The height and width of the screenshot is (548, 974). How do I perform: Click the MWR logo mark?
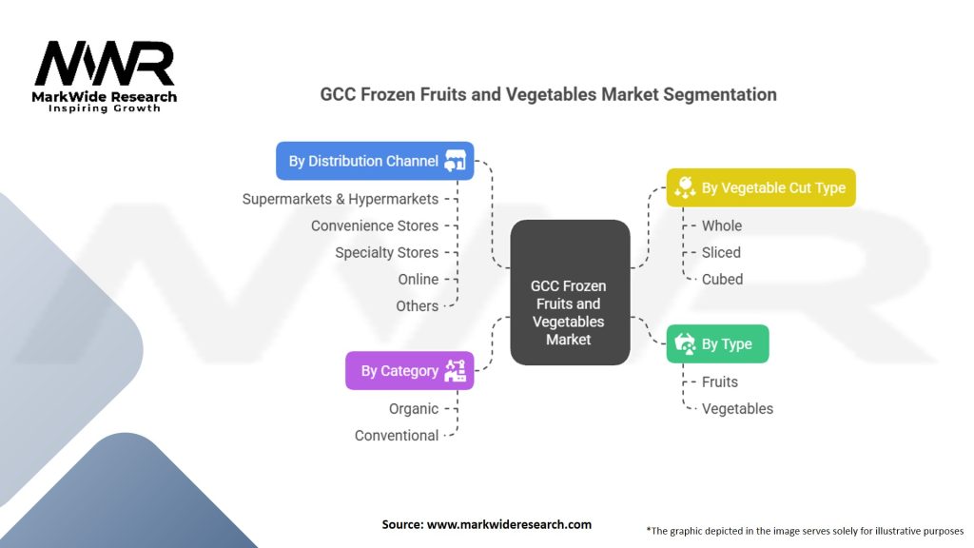tap(105, 64)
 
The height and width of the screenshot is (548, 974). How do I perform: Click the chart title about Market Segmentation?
tap(548, 94)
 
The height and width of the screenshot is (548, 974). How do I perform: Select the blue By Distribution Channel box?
tap(375, 161)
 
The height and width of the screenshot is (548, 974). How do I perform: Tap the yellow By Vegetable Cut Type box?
tap(761, 187)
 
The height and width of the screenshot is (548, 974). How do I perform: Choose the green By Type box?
tap(717, 343)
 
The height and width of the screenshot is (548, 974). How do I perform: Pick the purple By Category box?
tap(409, 371)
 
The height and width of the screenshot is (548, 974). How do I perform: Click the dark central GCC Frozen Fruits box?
tap(570, 292)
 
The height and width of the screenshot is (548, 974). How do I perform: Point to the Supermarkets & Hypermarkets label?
tap(341, 199)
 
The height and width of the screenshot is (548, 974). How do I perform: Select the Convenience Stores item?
tap(375, 225)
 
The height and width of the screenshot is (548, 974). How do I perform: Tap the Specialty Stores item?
tap(386, 252)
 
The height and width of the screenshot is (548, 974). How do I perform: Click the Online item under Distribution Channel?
tap(419, 279)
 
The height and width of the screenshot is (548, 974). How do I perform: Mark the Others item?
tap(417, 305)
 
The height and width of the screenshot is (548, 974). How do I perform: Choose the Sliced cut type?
tap(721, 252)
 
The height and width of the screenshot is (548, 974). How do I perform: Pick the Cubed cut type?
tap(723, 279)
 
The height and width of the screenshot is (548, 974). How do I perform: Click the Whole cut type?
tap(722, 225)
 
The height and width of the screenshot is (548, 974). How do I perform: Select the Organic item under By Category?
tap(414, 409)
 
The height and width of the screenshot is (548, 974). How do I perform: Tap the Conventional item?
tap(397, 436)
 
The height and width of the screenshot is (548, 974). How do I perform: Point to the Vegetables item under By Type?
tap(737, 409)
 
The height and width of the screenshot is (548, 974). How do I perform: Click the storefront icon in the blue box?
tap(455, 161)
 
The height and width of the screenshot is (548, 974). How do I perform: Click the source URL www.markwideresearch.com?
tap(509, 524)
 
